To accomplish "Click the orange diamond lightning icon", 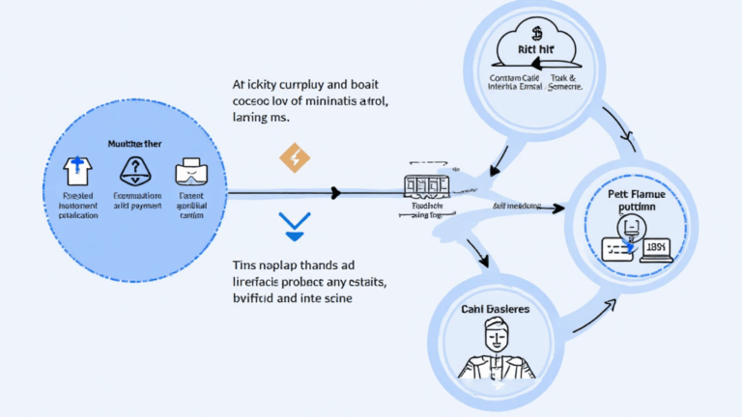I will click(295, 157).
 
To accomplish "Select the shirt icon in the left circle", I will click(76, 172).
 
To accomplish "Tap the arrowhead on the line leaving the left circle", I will click(334, 193).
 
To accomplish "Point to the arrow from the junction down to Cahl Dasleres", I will click(478, 256).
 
